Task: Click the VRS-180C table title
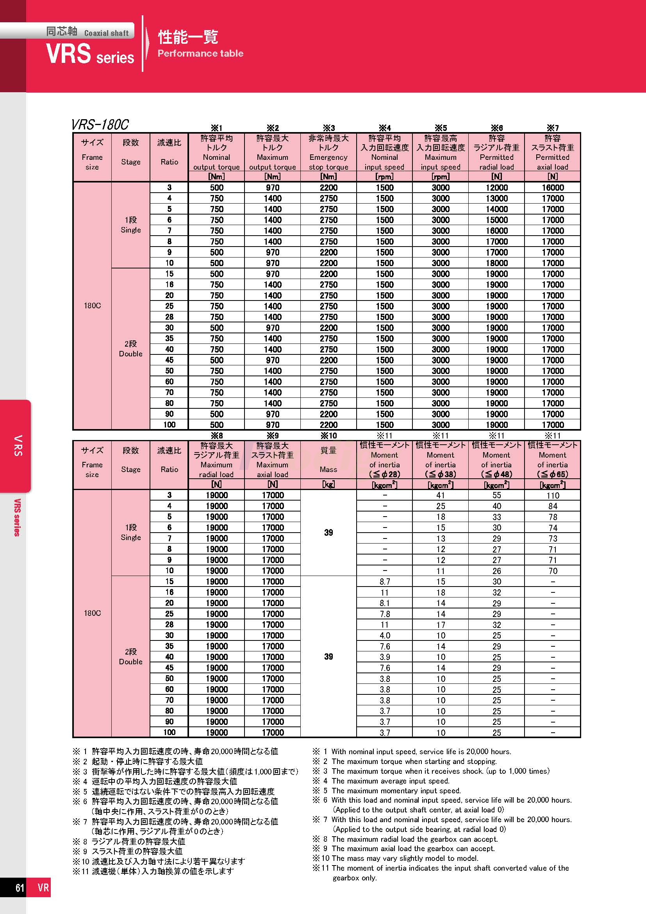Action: click(100, 125)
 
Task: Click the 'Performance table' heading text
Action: click(200, 54)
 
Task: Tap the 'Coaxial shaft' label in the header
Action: click(106, 34)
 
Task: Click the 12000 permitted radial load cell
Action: click(496, 188)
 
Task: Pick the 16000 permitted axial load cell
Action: click(553, 188)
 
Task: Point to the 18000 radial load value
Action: click(496, 263)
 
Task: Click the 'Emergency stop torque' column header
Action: click(328, 157)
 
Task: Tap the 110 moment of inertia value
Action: click(553, 495)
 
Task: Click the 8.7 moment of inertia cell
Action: click(384, 581)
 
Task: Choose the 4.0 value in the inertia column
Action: click(384, 636)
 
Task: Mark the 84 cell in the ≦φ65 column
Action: click(553, 506)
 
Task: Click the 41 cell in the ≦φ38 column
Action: click(440, 495)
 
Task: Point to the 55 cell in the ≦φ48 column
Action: click(496, 495)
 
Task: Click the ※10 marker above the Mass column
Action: click(328, 435)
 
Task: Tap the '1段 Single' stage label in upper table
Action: click(130, 225)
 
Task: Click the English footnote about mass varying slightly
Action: click(405, 858)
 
